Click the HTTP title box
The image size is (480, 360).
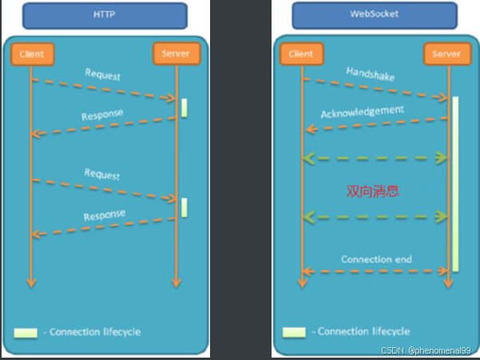pyautogui.click(x=105, y=15)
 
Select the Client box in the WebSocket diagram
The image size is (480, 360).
pyautogui.click(x=300, y=54)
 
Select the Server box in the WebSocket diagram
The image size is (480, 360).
pyautogui.click(x=446, y=54)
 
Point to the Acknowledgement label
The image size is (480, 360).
pyautogui.click(x=362, y=112)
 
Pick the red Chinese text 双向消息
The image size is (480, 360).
pyautogui.click(x=372, y=192)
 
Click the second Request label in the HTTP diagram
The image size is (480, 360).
pyautogui.click(x=102, y=175)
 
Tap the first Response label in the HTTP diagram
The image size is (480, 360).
pyautogui.click(x=102, y=115)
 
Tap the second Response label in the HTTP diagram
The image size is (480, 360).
pyautogui.click(x=104, y=215)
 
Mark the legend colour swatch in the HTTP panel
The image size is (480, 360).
pyautogui.click(x=25, y=332)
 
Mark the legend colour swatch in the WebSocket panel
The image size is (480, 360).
pyautogui.click(x=293, y=331)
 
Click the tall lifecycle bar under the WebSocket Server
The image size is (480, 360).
pyautogui.click(x=455, y=184)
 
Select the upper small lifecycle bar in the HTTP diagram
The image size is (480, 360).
pyautogui.click(x=184, y=108)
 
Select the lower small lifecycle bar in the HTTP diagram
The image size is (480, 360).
pyautogui.click(x=184, y=207)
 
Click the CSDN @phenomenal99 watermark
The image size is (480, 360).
pyautogui.click(x=428, y=350)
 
